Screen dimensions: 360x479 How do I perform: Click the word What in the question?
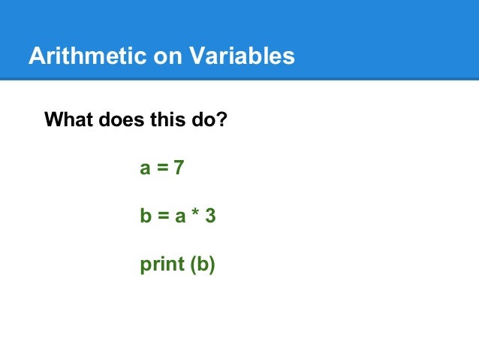(68, 119)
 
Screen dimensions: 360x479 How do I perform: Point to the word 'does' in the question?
(116, 119)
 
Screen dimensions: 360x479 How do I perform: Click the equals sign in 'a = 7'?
(161, 169)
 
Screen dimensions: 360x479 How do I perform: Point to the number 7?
(178, 168)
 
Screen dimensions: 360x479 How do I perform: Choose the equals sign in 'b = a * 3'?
(162, 217)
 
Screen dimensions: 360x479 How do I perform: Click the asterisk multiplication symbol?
(194, 215)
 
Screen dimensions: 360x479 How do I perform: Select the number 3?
(211, 216)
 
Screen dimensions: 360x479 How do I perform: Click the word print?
(161, 266)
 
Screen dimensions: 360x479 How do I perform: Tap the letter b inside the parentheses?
(201, 265)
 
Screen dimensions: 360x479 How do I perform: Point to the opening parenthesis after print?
(191, 266)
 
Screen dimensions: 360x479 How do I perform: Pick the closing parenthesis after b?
(211, 266)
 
